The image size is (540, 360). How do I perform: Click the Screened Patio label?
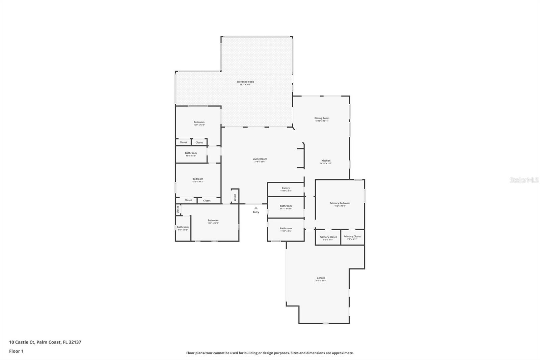click(x=245, y=82)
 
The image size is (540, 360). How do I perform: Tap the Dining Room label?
click(x=322, y=118)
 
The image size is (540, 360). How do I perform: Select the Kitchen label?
click(x=326, y=161)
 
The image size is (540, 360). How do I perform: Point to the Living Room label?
click(x=260, y=159)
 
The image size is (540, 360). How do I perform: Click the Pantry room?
click(x=286, y=189)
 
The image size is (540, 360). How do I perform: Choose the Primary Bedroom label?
click(x=340, y=203)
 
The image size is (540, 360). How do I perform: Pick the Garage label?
click(x=321, y=278)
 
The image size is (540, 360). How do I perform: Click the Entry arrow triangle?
click(x=256, y=208)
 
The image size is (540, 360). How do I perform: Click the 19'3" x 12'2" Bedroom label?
click(x=213, y=221)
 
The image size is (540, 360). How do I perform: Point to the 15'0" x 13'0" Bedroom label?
click(x=199, y=122)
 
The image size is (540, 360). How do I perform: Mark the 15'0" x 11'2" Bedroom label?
click(x=198, y=179)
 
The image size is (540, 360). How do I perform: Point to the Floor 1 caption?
click(x=16, y=351)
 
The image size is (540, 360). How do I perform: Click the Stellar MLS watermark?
click(x=524, y=180)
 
